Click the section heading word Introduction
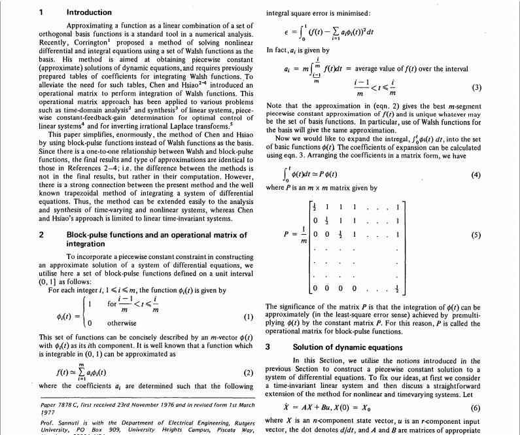89,12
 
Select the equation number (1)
248,317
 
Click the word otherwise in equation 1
122,322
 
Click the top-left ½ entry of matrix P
315,208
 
